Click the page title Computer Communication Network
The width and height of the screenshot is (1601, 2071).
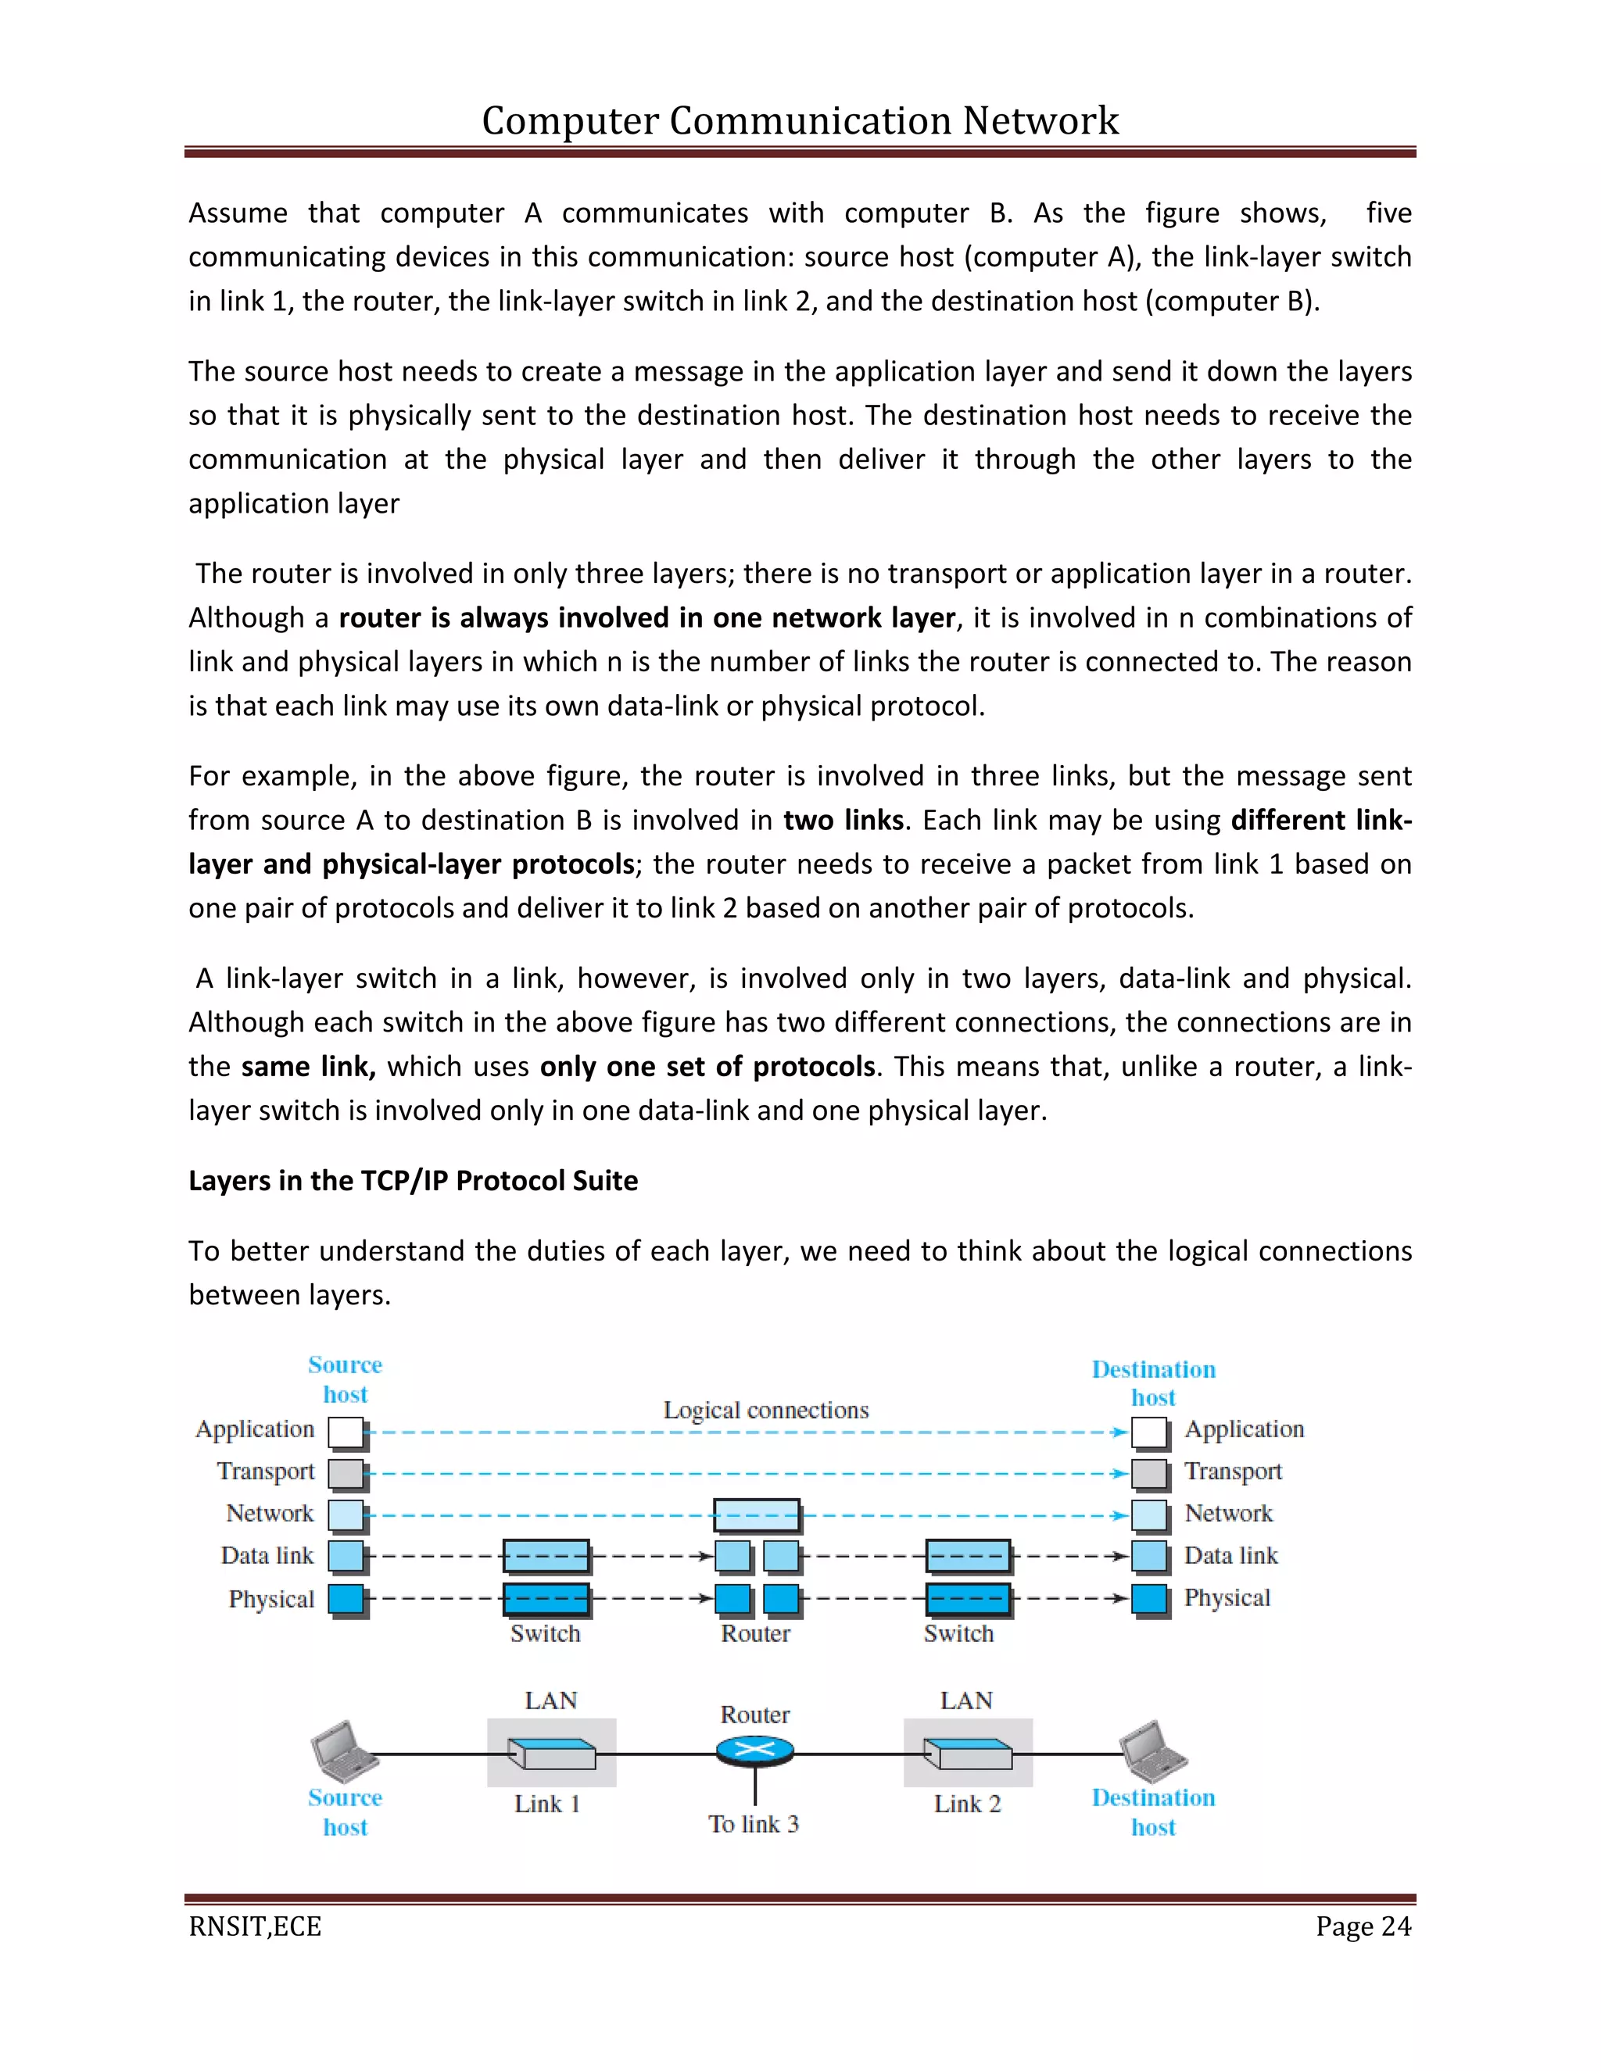[800, 120]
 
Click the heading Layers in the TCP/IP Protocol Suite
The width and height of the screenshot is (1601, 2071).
[413, 1181]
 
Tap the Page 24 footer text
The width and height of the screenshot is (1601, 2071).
[1362, 1926]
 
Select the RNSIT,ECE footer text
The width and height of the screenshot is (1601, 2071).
[255, 1926]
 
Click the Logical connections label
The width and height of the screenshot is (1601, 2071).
[765, 1410]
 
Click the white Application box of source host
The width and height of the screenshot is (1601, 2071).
[346, 1432]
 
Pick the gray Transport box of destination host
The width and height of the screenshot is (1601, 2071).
[1148, 1474]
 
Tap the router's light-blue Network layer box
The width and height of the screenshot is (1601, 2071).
[756, 1515]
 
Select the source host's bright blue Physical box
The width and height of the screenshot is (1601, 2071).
[346, 1599]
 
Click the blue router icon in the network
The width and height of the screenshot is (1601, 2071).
[755, 1751]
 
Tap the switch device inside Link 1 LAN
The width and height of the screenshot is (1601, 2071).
[551, 1754]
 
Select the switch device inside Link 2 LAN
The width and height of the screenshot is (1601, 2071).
[968, 1754]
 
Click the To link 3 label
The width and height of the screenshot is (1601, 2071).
[754, 1823]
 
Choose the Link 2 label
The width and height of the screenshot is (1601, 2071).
[966, 1804]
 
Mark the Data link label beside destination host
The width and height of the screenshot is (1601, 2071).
[1230, 1556]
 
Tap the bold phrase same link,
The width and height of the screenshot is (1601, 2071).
[308, 1067]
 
